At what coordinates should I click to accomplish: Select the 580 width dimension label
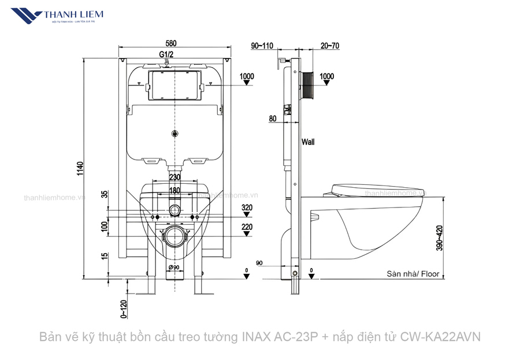tap(171, 43)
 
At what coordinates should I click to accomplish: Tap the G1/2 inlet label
tap(166, 54)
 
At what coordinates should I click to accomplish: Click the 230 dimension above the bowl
tap(174, 177)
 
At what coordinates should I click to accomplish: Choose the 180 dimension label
tap(174, 190)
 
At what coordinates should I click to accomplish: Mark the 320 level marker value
tap(247, 207)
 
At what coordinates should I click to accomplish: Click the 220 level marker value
tap(247, 227)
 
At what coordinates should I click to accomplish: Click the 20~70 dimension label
tap(330, 44)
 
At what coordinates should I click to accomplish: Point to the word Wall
tap(307, 142)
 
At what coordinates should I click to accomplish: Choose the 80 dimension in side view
tap(273, 119)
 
